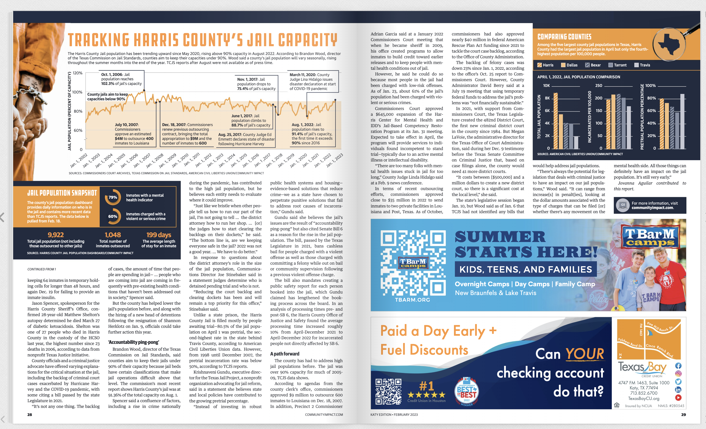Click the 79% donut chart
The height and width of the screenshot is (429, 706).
pyautogui.click(x=113, y=197)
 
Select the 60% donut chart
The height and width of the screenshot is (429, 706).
pyautogui.click(x=113, y=216)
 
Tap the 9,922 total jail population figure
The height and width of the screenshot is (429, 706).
pyautogui.click(x=56, y=235)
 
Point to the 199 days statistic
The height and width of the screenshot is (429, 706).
pyautogui.click(x=159, y=235)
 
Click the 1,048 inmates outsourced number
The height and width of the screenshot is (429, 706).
pyautogui.click(x=113, y=235)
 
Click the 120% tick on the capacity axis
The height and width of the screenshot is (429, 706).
pyautogui.click(x=77, y=73)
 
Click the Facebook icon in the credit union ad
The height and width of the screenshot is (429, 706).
pyautogui.click(x=678, y=366)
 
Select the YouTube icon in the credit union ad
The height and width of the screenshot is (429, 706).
pyautogui.click(x=678, y=398)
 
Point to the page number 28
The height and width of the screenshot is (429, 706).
pyautogui.click(x=29, y=414)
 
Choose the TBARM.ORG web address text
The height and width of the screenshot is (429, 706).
pyautogui.click(x=412, y=300)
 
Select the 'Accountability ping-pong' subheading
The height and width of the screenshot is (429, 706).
pyautogui.click(x=133, y=342)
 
